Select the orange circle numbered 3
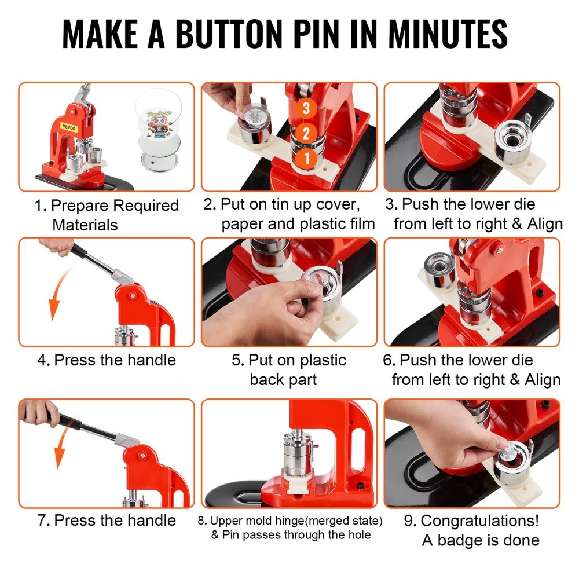tap(306, 108)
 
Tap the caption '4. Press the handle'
tap(107, 360)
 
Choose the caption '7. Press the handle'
tap(107, 520)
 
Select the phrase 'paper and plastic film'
tap(298, 224)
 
